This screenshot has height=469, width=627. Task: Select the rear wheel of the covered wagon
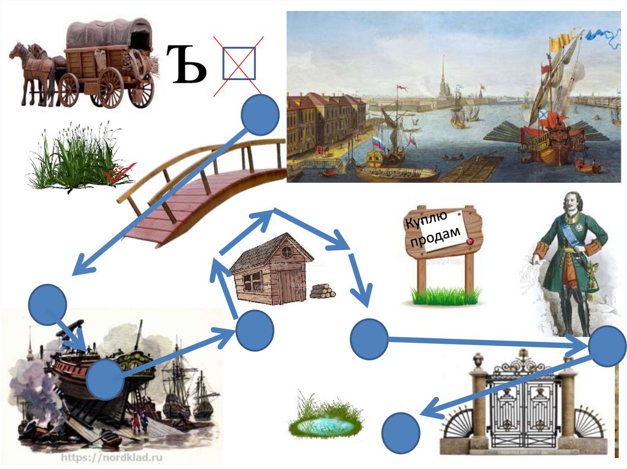pos(110,86)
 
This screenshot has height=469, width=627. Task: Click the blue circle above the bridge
pos(260,115)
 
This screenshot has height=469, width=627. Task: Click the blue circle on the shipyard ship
pos(106,379)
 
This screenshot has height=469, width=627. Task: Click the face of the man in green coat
pos(570,204)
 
